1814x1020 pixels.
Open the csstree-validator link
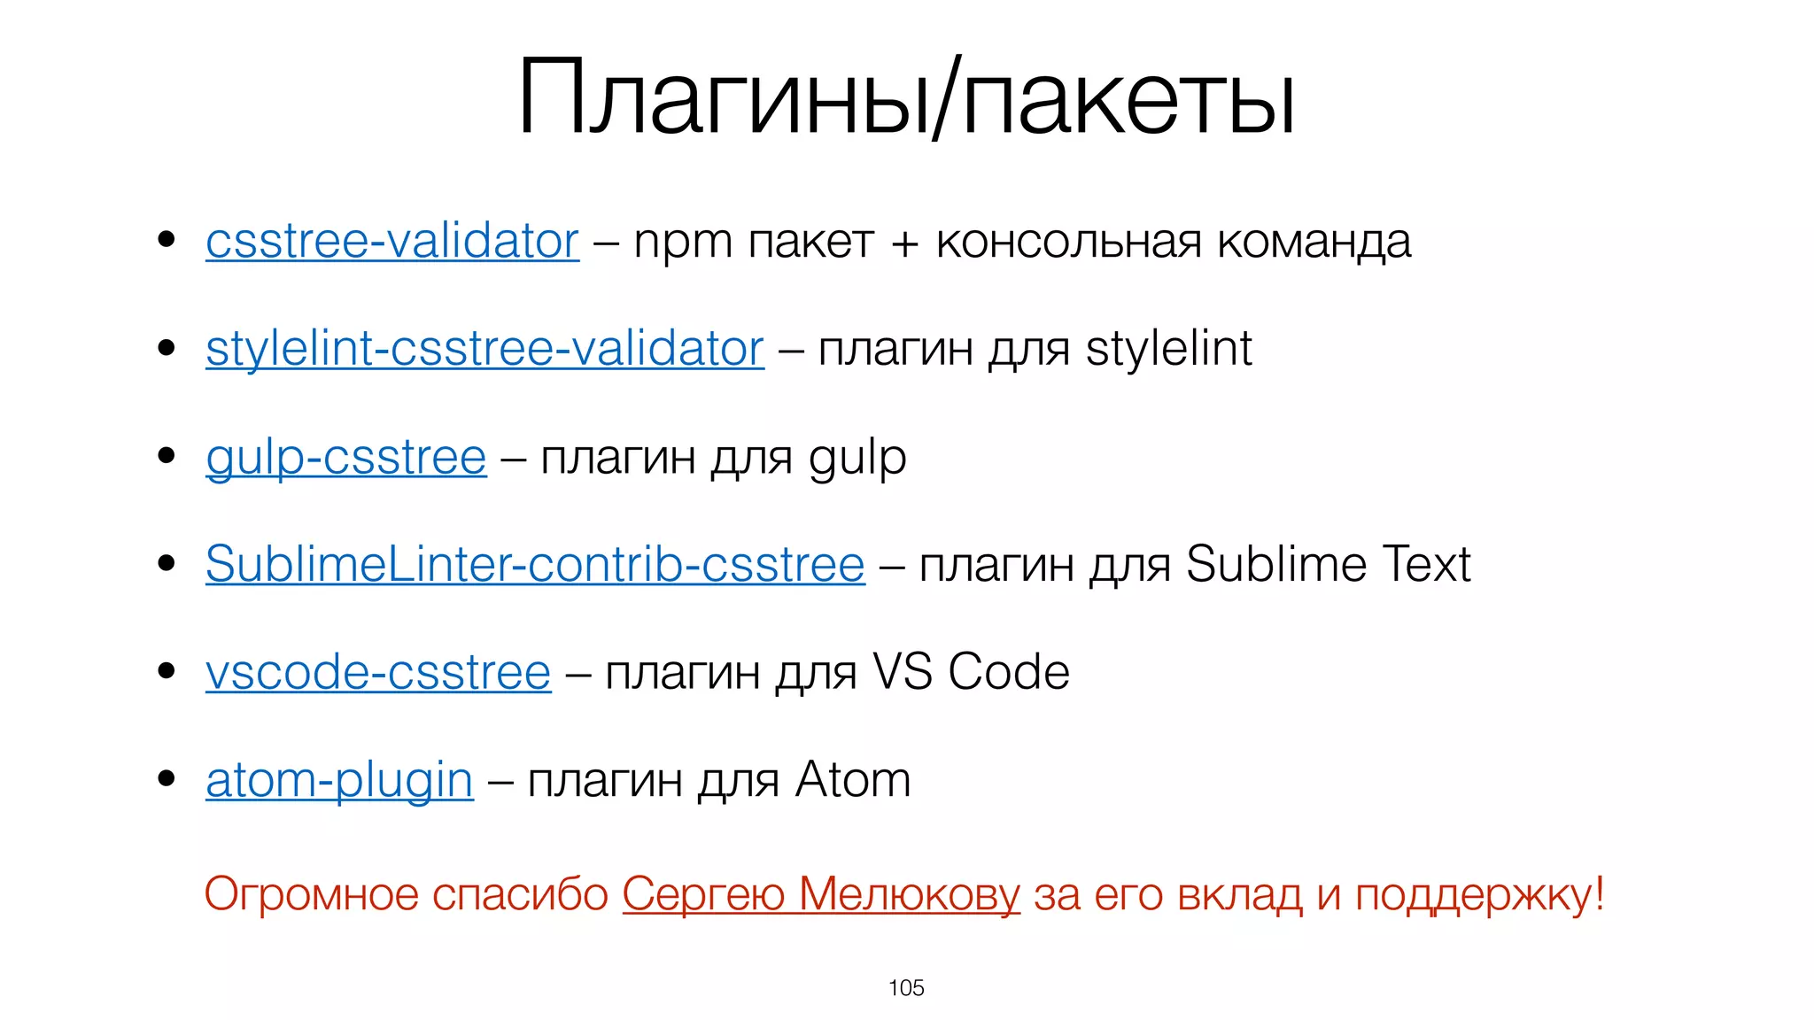[392, 242]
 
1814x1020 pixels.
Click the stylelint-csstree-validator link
[485, 349]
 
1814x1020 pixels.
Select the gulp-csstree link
[345, 459]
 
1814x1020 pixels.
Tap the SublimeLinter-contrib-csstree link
[535, 565]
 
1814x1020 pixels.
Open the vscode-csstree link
[378, 673]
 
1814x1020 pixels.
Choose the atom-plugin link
[339, 781]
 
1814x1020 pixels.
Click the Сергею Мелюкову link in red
[821, 894]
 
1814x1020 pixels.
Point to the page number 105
[906, 988]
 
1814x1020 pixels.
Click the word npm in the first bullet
[683, 243]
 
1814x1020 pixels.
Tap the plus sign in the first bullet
[904, 243]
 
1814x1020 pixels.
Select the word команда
[1314, 243]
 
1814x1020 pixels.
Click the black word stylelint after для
[1168, 349]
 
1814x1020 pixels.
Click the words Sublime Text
[1328, 565]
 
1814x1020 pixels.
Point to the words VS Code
[971, 673]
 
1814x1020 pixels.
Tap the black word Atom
[852, 781]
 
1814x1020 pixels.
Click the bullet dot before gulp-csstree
[166, 456]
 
